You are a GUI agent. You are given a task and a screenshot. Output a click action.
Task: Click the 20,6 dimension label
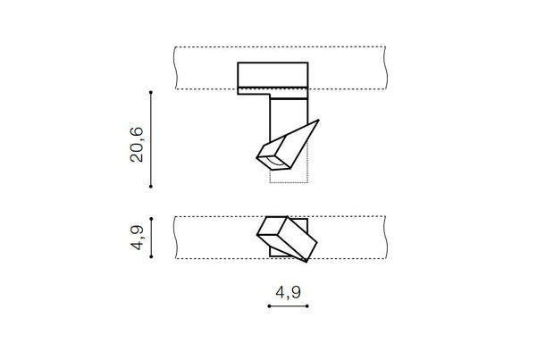[137, 145]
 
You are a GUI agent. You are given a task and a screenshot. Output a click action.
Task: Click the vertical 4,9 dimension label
[137, 238]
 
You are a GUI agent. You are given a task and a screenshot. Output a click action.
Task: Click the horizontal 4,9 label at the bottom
[289, 292]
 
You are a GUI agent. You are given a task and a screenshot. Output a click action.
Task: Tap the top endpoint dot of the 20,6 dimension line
[151, 92]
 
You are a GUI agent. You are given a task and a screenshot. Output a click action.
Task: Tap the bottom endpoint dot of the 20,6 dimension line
[151, 186]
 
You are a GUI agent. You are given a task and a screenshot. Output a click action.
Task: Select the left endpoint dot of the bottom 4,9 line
[269, 306]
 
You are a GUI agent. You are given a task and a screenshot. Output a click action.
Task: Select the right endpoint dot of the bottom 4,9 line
[307, 306]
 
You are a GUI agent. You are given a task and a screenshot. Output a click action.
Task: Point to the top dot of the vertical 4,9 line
[151, 219]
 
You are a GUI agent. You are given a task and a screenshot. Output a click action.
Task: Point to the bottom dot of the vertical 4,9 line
[151, 256]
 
